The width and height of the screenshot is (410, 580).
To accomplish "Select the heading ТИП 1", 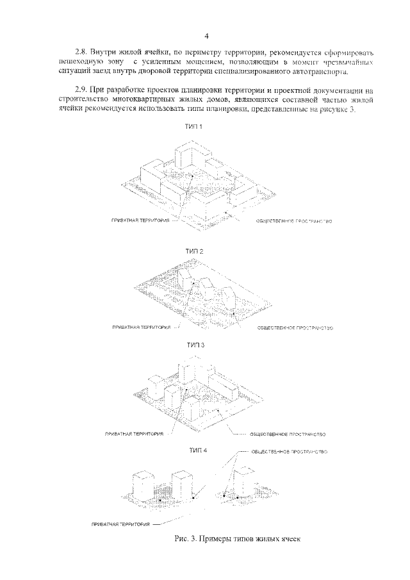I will point(194,128).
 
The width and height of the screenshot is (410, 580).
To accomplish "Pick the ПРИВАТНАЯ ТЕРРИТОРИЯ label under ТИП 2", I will point(141,327).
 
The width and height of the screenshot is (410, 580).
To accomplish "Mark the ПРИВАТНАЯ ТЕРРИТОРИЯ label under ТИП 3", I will point(134,433).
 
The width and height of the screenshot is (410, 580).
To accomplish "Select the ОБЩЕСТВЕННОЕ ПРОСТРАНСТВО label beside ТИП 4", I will point(290,451).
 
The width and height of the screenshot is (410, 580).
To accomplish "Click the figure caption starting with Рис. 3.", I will point(236,540).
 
